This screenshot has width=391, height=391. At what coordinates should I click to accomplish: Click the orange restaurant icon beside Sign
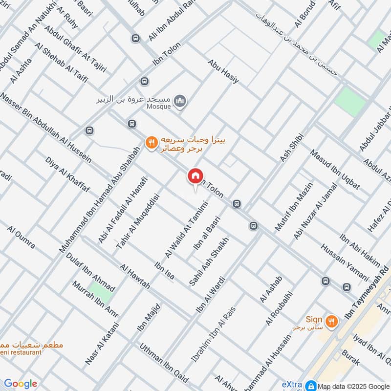[332, 321]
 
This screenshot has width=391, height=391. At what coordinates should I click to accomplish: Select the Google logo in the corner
[20, 384]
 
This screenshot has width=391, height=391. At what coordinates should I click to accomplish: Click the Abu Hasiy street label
[223, 71]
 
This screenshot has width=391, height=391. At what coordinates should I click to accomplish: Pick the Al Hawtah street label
[135, 277]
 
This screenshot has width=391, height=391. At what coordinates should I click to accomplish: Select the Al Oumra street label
[21, 237]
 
